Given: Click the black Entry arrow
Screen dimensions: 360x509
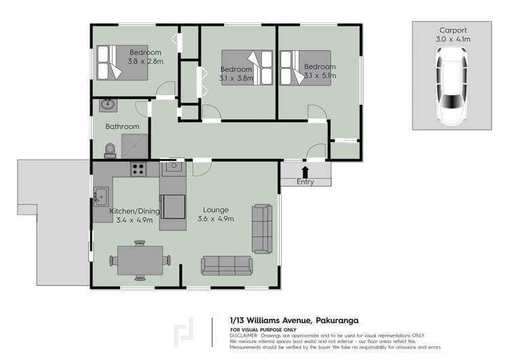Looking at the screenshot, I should pyautogui.click(x=305, y=172).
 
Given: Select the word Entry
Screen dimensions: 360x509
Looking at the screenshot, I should pyautogui.click(x=305, y=182).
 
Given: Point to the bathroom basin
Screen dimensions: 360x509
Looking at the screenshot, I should pyautogui.click(x=108, y=105).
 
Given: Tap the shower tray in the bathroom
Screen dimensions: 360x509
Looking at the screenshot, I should pyautogui.click(x=134, y=145).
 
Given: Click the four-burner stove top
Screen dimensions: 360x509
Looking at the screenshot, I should pyautogui.click(x=138, y=169).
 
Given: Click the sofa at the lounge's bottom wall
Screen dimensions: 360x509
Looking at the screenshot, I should pyautogui.click(x=227, y=265).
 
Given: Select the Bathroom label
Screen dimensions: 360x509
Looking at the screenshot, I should pyautogui.click(x=122, y=126).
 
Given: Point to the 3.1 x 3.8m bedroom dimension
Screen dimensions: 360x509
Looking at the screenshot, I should pyautogui.click(x=236, y=78).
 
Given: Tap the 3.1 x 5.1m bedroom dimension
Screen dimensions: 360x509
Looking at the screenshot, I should pyautogui.click(x=320, y=76).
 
